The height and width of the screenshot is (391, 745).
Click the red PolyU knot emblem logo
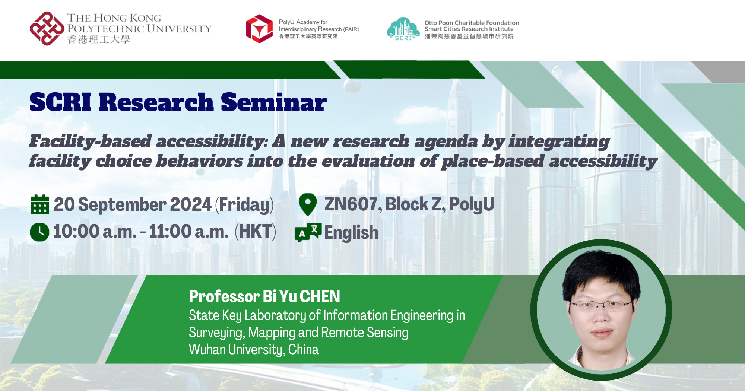pos(47,29)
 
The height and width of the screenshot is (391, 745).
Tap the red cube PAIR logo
pos(260,29)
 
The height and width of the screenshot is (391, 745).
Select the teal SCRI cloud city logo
pos(403,29)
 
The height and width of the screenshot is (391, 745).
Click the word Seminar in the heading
pos(274,102)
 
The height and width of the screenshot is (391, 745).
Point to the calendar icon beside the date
pos(40,204)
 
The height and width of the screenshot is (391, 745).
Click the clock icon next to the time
pos(39,232)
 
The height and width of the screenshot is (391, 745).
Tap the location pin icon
pos(308,204)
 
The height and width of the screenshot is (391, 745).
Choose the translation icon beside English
pos(308,232)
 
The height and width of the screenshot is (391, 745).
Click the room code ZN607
pos(351,204)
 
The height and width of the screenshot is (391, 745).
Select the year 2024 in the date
pos(191,204)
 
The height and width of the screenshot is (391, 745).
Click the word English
pos(351,233)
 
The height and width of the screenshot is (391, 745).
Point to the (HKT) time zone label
pos(255,232)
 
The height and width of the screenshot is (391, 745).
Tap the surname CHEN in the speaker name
pos(320,296)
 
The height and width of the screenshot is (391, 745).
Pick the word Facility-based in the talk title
pos(91,142)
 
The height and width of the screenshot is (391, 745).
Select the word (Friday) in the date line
pos(244,205)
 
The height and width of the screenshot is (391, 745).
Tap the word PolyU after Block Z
pos(472,204)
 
